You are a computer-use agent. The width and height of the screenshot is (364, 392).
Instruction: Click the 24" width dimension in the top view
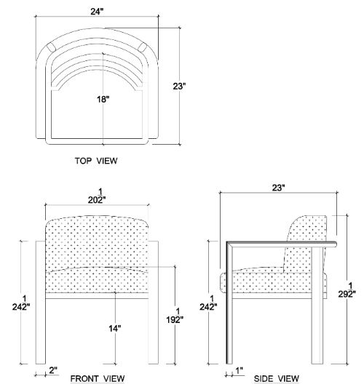pyautogui.click(x=97, y=12)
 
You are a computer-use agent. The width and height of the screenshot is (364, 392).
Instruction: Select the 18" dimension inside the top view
pyautogui.click(x=103, y=100)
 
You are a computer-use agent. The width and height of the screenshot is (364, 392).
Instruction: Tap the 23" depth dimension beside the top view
pyautogui.click(x=179, y=87)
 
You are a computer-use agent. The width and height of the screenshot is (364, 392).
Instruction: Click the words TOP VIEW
pyautogui.click(x=96, y=161)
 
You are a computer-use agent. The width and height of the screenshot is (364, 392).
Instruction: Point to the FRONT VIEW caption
pyautogui.click(x=98, y=379)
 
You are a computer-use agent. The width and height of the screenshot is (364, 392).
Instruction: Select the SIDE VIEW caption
pyautogui.click(x=277, y=379)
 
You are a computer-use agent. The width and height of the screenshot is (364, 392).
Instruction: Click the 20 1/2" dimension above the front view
pyautogui.click(x=97, y=196)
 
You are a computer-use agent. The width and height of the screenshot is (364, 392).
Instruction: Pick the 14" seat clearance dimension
pyautogui.click(x=115, y=328)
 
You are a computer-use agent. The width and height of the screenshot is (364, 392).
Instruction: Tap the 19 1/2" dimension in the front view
pyautogui.click(x=175, y=316)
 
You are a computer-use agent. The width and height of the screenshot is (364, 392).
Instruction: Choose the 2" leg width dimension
pyautogui.click(x=53, y=370)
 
